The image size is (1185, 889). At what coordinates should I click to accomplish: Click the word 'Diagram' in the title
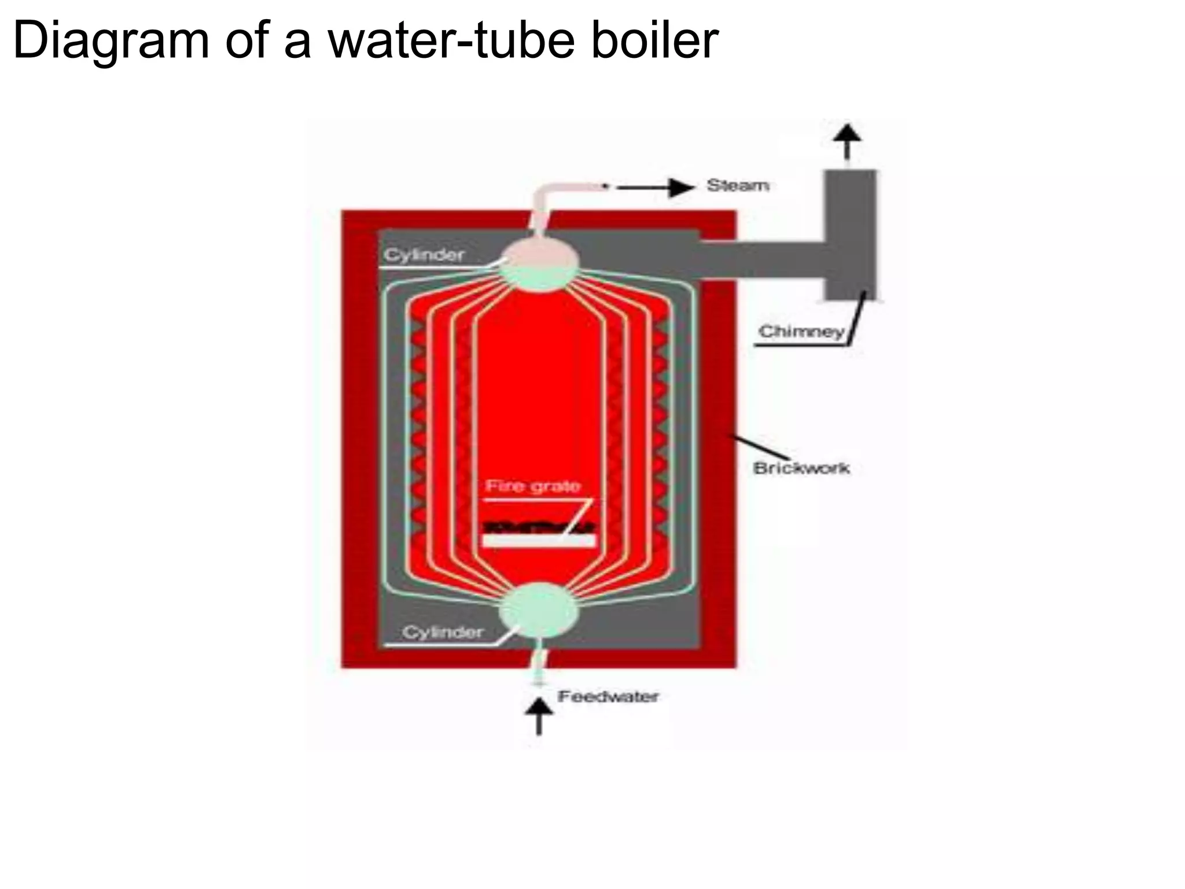pyautogui.click(x=110, y=41)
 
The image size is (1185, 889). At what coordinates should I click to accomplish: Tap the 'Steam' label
pyautogui.click(x=738, y=186)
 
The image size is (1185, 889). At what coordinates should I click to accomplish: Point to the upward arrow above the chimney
pyautogui.click(x=847, y=141)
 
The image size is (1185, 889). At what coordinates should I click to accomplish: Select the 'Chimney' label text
pyautogui.click(x=801, y=332)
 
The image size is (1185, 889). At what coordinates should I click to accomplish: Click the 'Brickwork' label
pyautogui.click(x=801, y=468)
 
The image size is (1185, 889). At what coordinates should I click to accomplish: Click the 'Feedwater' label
pyautogui.click(x=608, y=696)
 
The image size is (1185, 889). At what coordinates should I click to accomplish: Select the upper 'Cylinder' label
pyautogui.click(x=424, y=255)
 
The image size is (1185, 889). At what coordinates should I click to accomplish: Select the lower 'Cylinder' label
pyautogui.click(x=443, y=632)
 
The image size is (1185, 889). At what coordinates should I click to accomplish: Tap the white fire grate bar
pyautogui.click(x=538, y=540)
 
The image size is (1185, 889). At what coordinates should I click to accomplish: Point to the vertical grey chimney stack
pyautogui.click(x=849, y=234)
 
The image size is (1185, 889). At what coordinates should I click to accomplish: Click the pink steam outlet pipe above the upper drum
pyautogui.click(x=544, y=203)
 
